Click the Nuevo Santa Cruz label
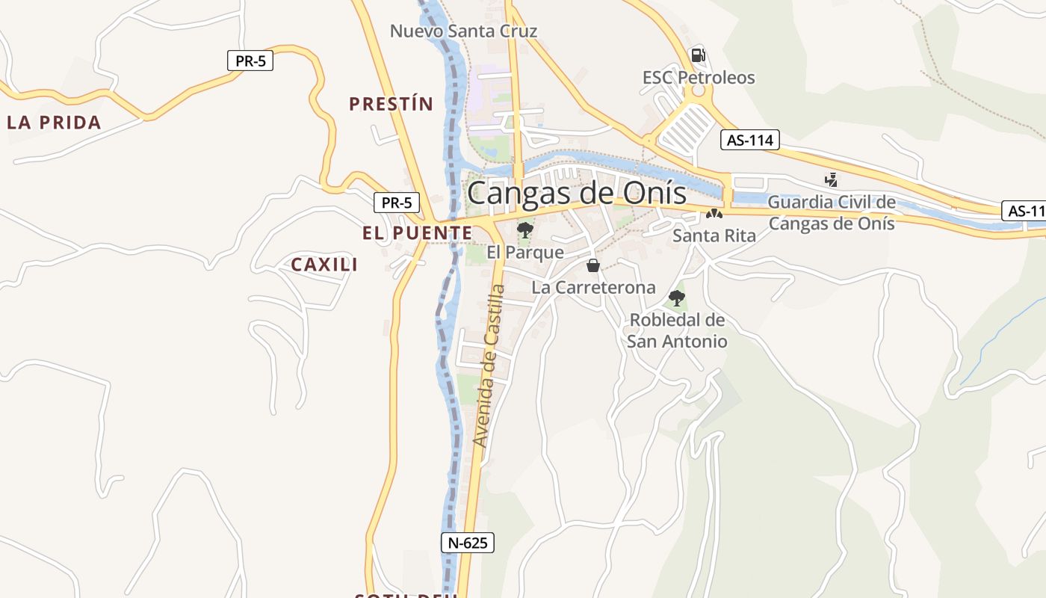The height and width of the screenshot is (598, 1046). (463, 31)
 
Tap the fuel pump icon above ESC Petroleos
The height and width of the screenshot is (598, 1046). (698, 55)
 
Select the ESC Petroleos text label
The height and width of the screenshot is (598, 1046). (699, 78)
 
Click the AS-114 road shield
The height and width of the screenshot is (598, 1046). (749, 140)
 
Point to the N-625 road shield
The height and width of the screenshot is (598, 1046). (468, 543)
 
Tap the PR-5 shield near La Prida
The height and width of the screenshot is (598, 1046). (250, 61)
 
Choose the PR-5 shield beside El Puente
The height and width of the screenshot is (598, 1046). (397, 203)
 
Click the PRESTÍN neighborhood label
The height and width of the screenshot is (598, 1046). (391, 104)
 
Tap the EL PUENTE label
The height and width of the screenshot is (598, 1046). (417, 233)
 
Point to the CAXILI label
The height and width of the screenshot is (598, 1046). (324, 265)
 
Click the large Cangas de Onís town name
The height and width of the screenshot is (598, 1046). (576, 194)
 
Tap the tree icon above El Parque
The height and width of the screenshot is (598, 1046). (525, 229)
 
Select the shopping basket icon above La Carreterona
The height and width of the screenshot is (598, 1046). (593, 265)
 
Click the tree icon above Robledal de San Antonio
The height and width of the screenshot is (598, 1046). (677, 298)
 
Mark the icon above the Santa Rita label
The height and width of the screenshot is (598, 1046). (714, 215)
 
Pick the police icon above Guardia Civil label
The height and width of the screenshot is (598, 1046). (831, 179)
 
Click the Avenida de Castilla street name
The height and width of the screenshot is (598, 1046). (489, 366)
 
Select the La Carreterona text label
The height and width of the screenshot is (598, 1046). (593, 288)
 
